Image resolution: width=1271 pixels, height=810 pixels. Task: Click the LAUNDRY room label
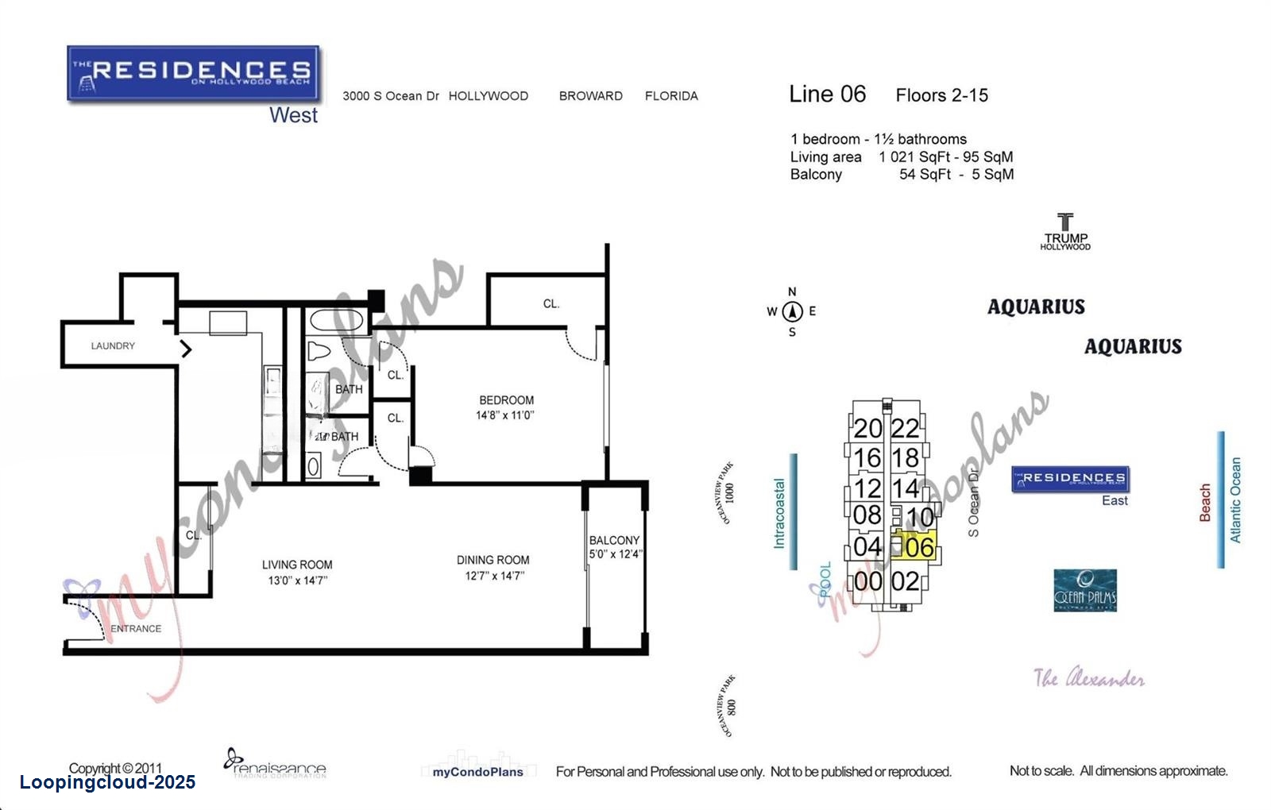(113, 346)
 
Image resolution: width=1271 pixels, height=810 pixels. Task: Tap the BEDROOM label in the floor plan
(506, 401)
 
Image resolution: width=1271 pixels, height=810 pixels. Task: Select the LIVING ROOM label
(297, 565)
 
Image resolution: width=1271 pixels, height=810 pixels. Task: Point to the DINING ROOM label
(493, 561)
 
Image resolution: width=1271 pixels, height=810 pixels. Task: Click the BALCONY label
(614, 541)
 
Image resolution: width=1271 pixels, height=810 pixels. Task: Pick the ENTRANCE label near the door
(136, 629)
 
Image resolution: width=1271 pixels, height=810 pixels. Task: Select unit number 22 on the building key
(905, 429)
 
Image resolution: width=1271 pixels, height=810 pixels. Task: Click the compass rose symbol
(792, 312)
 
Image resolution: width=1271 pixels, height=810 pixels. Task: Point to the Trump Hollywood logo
(1065, 231)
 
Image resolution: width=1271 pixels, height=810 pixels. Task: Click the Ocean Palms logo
(1085, 591)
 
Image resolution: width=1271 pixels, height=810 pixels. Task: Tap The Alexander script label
(1088, 679)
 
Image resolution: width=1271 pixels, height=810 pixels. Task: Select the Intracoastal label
(779, 513)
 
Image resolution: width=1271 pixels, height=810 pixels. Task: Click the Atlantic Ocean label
(1235, 500)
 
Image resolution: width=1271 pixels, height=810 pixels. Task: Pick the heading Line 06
(827, 94)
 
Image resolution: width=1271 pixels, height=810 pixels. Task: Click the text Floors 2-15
(941, 96)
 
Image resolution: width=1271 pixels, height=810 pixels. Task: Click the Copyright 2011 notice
(115, 768)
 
